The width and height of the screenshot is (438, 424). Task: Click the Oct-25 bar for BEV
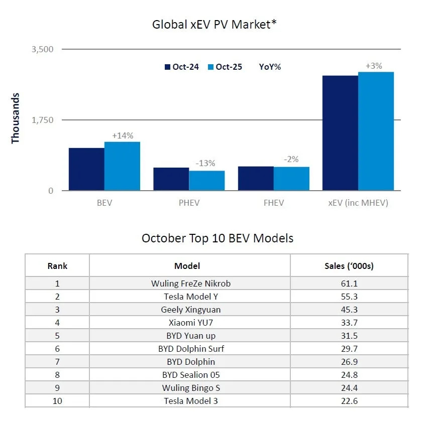click(122, 166)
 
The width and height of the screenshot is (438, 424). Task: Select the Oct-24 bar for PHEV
click(171, 179)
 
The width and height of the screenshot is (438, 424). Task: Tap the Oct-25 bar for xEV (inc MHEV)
click(376, 131)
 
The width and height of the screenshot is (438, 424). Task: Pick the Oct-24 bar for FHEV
click(256, 179)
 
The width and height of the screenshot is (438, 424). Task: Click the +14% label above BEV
click(123, 135)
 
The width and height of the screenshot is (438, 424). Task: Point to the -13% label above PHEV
click(205, 163)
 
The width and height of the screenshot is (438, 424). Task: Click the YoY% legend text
click(270, 67)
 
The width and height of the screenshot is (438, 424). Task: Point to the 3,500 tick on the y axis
click(42, 49)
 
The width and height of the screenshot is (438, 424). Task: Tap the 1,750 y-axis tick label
click(42, 120)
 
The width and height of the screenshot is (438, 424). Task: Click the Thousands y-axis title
click(15, 118)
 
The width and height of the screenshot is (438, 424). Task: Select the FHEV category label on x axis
click(273, 203)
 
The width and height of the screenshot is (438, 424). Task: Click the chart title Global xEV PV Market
click(214, 24)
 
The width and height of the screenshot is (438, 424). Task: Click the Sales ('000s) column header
click(349, 265)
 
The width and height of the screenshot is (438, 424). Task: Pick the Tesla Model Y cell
click(190, 297)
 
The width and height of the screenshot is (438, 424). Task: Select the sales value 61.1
click(349, 284)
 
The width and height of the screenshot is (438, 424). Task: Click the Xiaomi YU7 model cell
click(190, 323)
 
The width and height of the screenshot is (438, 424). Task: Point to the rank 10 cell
click(57, 401)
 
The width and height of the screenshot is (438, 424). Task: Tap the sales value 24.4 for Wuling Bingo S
click(349, 388)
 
